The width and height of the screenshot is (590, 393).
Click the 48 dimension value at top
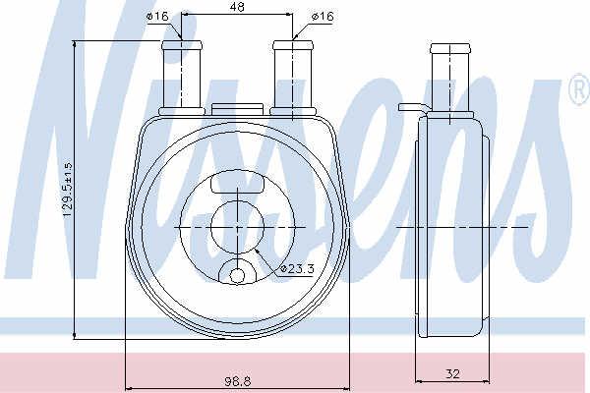click(x=237, y=7)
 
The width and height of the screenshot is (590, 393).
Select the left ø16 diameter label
click(x=157, y=16)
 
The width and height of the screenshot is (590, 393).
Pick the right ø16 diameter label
click(x=323, y=16)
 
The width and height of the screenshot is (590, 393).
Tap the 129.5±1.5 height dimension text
click(x=67, y=190)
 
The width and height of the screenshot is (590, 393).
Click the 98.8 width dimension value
click(x=238, y=381)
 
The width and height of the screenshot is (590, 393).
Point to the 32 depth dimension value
click(x=452, y=373)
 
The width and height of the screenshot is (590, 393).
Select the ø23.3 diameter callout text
click(x=298, y=268)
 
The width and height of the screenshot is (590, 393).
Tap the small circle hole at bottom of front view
click(x=237, y=276)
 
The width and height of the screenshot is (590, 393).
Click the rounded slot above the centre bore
click(x=237, y=182)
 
